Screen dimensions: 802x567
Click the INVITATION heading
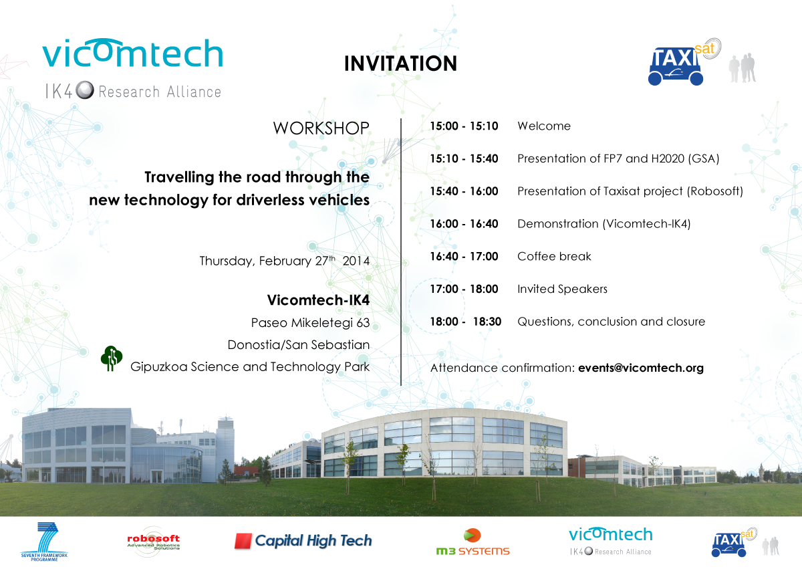coord(400,64)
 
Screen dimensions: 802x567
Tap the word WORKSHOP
coord(321,128)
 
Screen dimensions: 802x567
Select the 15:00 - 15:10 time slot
coord(464,126)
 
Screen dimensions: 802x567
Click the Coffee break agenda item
coord(554,257)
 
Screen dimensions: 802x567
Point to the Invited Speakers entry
coord(563,289)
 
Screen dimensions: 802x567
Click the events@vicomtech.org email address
coord(641,368)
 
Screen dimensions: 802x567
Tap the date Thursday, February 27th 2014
coord(284,261)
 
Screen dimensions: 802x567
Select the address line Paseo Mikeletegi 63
coord(310,323)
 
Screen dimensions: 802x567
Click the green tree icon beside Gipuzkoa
coord(112,358)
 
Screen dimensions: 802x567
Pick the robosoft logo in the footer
coord(154,542)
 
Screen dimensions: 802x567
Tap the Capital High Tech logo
coord(303,541)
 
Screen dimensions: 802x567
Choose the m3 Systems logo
coord(473,542)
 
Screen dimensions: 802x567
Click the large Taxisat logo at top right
coord(684,62)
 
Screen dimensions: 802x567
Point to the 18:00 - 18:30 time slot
coord(465,322)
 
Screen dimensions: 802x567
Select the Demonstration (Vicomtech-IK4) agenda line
coord(604,224)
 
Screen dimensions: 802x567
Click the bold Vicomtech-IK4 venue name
coord(318,300)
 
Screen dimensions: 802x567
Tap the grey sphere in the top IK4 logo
coord(85,90)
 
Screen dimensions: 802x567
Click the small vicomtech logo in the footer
coord(611,541)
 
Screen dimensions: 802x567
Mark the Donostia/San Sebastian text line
coord(299,345)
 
